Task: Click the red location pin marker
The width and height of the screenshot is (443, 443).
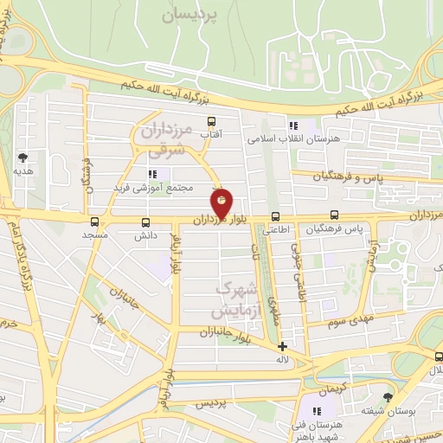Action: pyautogui.click(x=222, y=204)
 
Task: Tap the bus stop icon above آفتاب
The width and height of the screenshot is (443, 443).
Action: pyautogui.click(x=211, y=122)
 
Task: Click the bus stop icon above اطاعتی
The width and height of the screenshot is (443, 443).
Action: pyautogui.click(x=275, y=216)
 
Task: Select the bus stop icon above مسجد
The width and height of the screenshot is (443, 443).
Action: pyautogui.click(x=94, y=221)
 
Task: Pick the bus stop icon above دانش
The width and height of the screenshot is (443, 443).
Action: pyautogui.click(x=144, y=221)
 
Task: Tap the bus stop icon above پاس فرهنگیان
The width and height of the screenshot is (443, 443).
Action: pyautogui.click(x=334, y=216)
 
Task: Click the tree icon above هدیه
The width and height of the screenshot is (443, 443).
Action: pyautogui.click(x=22, y=157)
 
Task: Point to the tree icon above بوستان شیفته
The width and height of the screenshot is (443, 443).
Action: pyautogui.click(x=387, y=396)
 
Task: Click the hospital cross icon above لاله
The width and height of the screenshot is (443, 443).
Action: pyautogui.click(x=281, y=346)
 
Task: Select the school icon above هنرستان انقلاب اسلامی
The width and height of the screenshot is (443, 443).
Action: pyautogui.click(x=293, y=125)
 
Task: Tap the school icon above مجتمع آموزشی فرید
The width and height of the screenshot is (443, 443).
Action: pyautogui.click(x=154, y=174)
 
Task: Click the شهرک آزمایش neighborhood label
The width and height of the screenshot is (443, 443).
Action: pyautogui.click(x=234, y=299)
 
